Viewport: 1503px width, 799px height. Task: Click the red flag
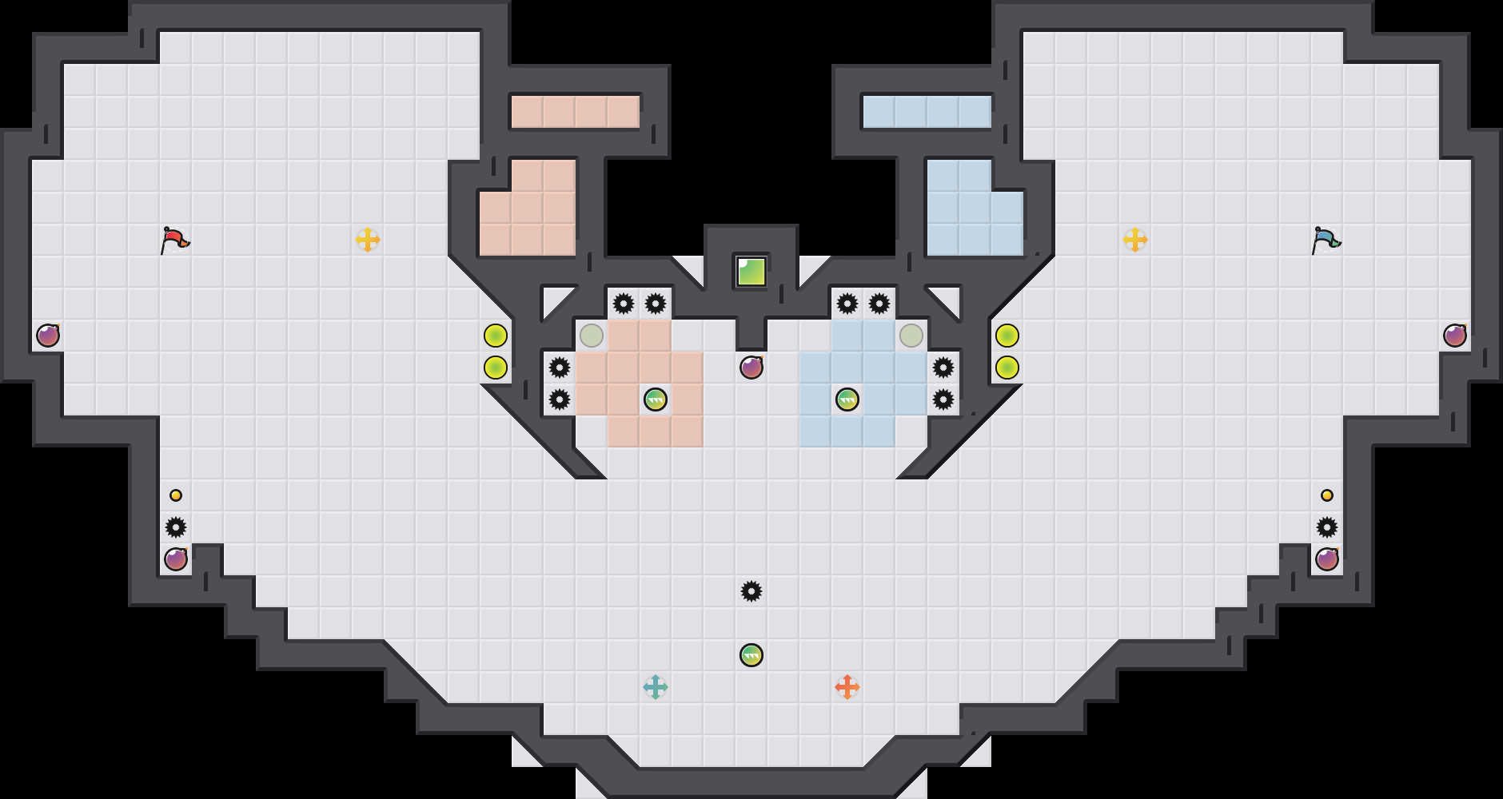pos(174,239)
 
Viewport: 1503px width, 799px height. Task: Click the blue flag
pos(1326,239)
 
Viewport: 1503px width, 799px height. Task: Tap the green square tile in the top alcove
pos(751,272)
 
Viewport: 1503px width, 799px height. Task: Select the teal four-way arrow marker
pos(656,687)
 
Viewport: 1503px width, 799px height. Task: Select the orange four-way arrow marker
pos(847,687)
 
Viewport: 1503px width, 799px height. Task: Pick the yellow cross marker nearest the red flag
pos(368,240)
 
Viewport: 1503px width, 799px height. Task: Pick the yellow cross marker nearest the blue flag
pos(1135,240)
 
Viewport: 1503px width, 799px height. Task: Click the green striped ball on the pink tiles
pos(656,399)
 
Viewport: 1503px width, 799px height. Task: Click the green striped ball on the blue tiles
pos(847,399)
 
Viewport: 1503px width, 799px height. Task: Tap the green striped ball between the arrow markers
pos(751,655)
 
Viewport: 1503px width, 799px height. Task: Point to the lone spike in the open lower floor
pos(751,591)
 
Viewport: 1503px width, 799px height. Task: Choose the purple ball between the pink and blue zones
pos(751,368)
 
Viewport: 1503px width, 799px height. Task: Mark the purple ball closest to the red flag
pos(48,336)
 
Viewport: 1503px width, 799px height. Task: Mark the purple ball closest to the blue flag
pos(1455,336)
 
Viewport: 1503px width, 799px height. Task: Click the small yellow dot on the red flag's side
pos(176,495)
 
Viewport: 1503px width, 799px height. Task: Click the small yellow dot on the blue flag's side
pos(1327,495)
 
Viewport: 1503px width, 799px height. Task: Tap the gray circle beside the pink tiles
pos(592,336)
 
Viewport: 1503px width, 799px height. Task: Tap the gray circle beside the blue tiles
pos(911,336)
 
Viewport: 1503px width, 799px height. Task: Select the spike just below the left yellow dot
pos(176,527)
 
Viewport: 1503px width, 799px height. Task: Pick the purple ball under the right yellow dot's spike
pos(1327,559)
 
